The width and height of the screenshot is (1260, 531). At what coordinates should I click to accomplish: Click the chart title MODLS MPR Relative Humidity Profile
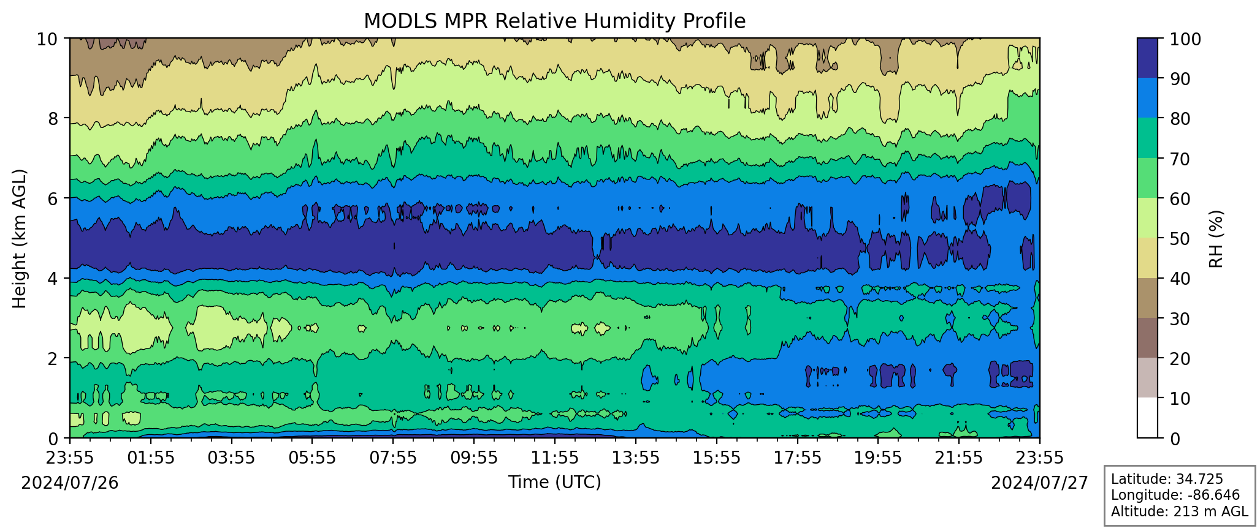pyautogui.click(x=554, y=21)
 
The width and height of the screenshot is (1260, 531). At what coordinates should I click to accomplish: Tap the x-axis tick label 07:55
pyautogui.click(x=393, y=458)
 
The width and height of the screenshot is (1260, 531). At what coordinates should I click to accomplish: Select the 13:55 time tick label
pyautogui.click(x=635, y=458)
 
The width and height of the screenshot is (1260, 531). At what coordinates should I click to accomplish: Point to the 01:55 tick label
pyautogui.click(x=151, y=458)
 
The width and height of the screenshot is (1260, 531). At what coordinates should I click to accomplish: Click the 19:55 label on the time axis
pyautogui.click(x=877, y=458)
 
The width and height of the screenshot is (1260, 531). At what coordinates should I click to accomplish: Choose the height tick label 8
pyautogui.click(x=53, y=118)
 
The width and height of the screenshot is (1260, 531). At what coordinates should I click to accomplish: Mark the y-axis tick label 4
pyautogui.click(x=53, y=279)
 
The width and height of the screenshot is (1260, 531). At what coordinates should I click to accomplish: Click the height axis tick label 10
pyautogui.click(x=48, y=40)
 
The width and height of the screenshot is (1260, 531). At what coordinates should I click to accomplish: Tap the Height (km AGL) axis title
pyautogui.click(x=20, y=239)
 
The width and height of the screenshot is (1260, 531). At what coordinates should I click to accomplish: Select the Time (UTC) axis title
pyautogui.click(x=554, y=483)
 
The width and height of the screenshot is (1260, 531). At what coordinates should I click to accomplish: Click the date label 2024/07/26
pyautogui.click(x=70, y=483)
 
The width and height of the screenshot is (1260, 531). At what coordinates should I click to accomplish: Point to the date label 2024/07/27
pyautogui.click(x=1039, y=483)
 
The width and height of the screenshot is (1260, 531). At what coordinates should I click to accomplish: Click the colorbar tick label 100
pyautogui.click(x=1185, y=40)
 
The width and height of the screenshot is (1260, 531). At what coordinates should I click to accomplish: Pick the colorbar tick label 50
pyautogui.click(x=1180, y=239)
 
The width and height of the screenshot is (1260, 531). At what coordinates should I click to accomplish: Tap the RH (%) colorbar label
pyautogui.click(x=1216, y=239)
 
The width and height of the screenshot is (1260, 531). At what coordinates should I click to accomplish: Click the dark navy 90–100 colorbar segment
pyautogui.click(x=1147, y=58)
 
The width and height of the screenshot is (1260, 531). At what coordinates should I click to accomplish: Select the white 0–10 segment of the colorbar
pyautogui.click(x=1147, y=418)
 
